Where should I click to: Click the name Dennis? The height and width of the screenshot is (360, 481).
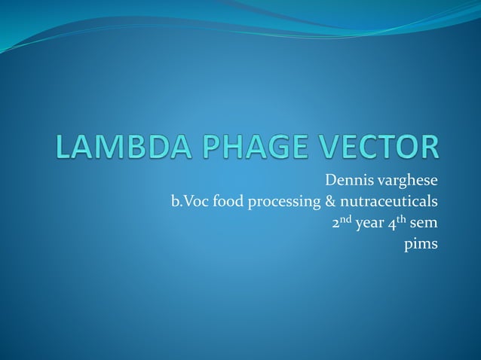pyautogui.click(x=350, y=181)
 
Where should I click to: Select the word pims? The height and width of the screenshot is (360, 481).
pyautogui.click(x=421, y=246)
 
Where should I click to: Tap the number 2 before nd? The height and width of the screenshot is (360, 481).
pyautogui.click(x=336, y=224)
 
